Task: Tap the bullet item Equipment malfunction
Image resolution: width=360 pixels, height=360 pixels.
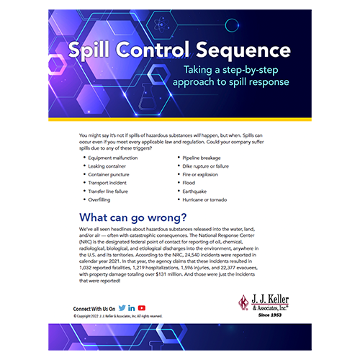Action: pos(116,156)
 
